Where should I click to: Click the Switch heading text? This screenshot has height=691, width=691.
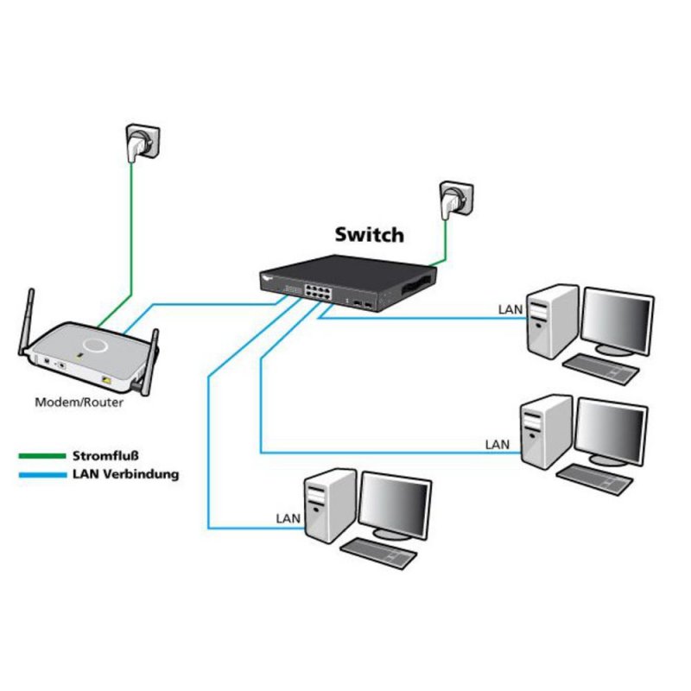click(x=368, y=234)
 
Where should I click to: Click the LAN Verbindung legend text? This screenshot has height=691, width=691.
click(x=126, y=473)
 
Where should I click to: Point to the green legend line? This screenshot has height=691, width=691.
click(x=42, y=455)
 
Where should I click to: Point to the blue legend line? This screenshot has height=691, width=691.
click(x=42, y=474)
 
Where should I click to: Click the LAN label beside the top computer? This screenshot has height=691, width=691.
click(x=510, y=308)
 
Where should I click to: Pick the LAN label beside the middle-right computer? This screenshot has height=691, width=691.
click(x=498, y=444)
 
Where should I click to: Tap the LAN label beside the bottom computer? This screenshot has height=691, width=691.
click(x=288, y=518)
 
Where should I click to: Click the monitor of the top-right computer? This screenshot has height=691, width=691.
click(x=617, y=320)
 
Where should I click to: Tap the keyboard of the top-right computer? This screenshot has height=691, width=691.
click(x=601, y=369)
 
